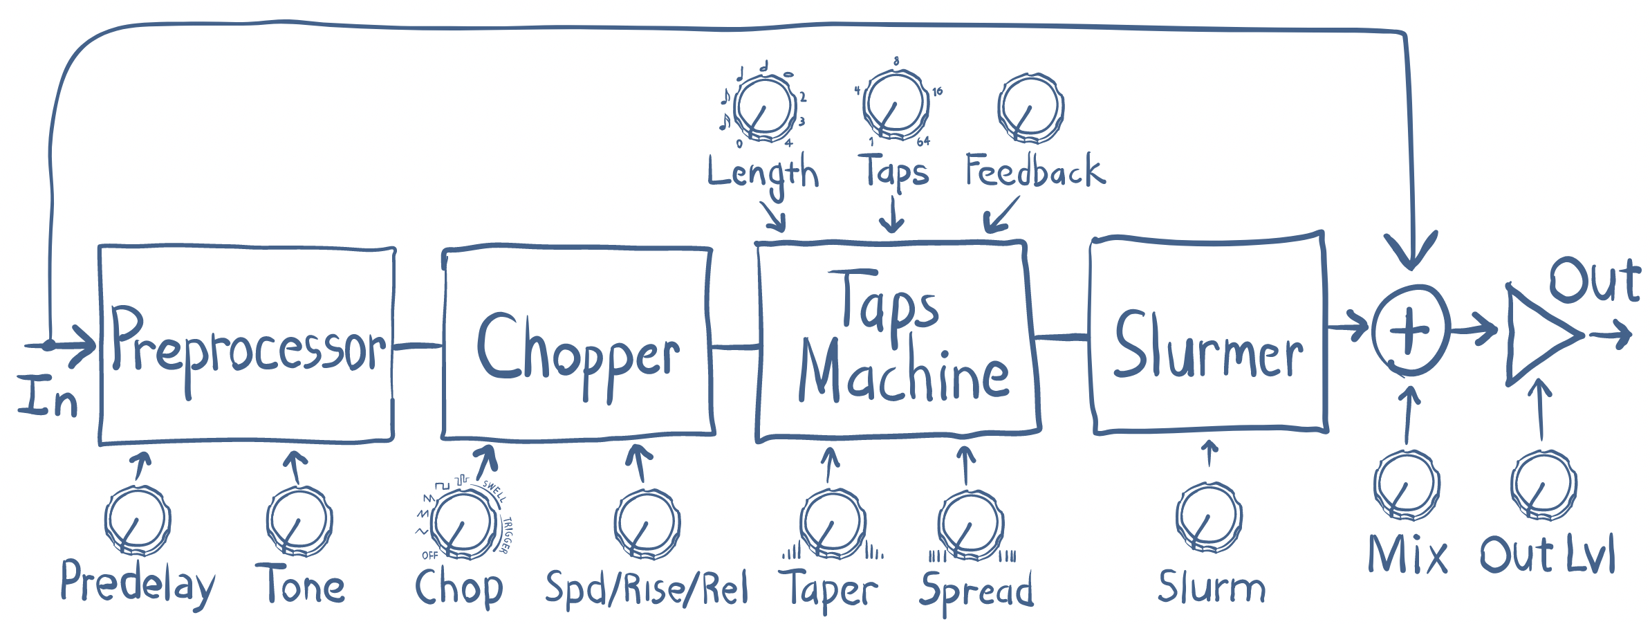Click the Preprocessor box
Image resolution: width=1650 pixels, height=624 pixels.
[x=247, y=345]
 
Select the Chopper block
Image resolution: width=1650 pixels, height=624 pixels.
[x=578, y=345]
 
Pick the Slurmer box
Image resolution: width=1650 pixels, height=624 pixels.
[x=1208, y=335]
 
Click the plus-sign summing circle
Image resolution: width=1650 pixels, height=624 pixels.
[x=1410, y=331]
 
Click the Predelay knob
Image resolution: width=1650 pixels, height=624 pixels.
[x=138, y=520]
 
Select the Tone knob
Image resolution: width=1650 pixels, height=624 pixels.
[x=299, y=520]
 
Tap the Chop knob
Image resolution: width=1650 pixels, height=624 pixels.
[x=463, y=524]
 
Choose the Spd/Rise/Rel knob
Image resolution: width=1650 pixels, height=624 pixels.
[x=647, y=523]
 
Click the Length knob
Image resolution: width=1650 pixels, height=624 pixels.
[x=764, y=108]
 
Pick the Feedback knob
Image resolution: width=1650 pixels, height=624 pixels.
[x=1030, y=108]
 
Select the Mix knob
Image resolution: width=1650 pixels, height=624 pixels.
[x=1407, y=485]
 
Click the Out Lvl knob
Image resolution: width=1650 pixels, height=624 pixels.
[x=1544, y=485]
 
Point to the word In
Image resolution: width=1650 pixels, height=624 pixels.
[x=47, y=397]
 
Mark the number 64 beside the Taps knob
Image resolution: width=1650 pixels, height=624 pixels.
[x=923, y=142]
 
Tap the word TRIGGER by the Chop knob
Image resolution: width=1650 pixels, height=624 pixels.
[x=507, y=535]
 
